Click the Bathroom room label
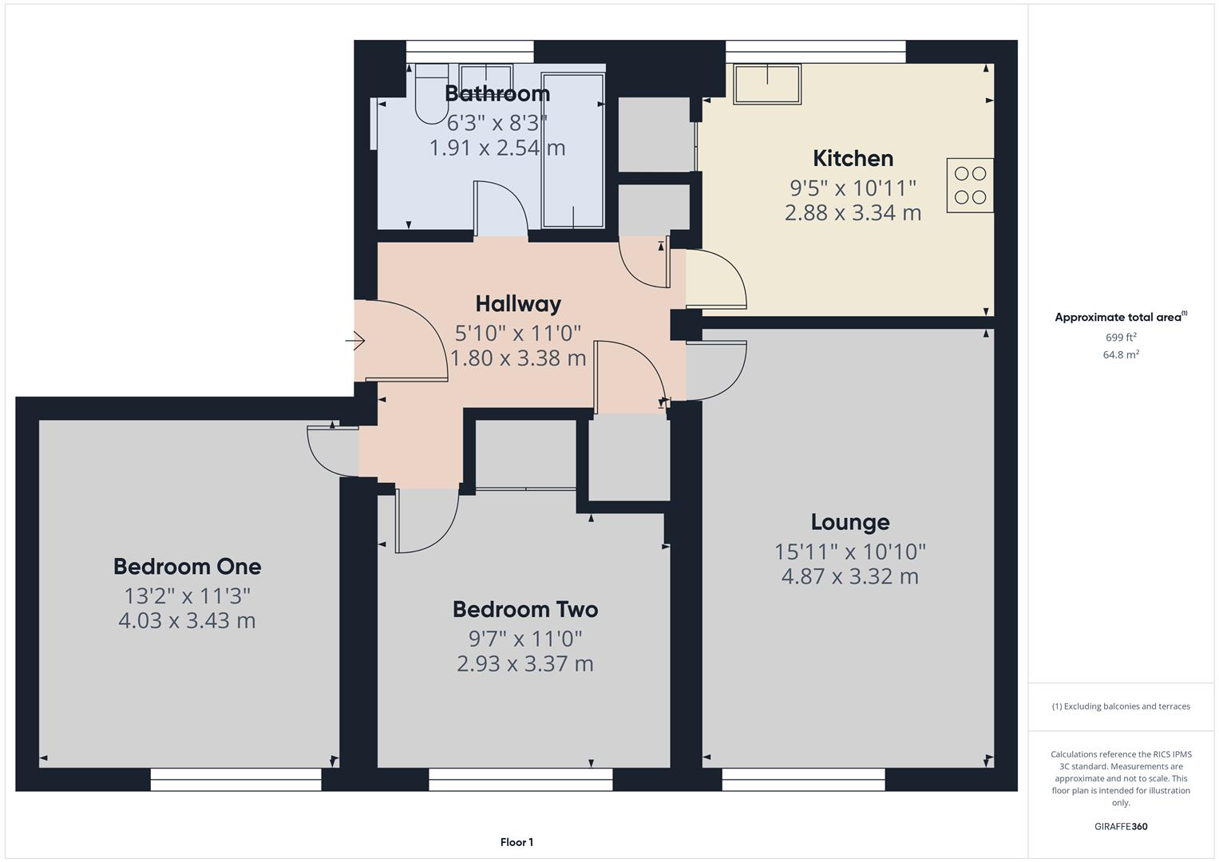[497, 93]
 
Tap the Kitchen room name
[853, 158]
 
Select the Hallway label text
[518, 303]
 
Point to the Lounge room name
[849, 522]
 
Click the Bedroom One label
[187, 567]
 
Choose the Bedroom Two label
[524, 610]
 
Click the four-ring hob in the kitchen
[970, 185]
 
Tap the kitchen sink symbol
[767, 85]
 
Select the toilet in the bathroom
[432, 94]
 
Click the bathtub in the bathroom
[572, 152]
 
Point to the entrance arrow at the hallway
[355, 342]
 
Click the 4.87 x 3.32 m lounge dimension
[849, 576]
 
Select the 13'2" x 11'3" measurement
[187, 595]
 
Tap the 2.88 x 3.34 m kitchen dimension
[853, 213]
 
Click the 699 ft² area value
[1120, 337]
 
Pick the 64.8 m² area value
[1120, 354]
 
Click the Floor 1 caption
[516, 842]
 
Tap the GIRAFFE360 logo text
[1120, 826]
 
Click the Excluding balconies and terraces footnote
[1120, 706]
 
